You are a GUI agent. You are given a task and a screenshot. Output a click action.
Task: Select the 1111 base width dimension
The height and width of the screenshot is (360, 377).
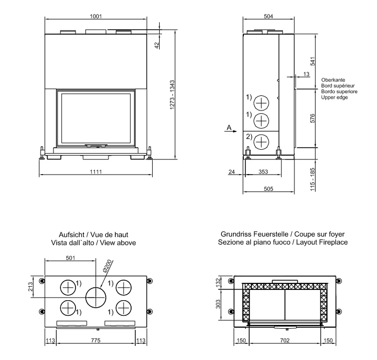pyautogui.click(x=96, y=171)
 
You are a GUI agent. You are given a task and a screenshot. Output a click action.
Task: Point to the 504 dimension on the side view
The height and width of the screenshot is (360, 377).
pyautogui.click(x=268, y=16)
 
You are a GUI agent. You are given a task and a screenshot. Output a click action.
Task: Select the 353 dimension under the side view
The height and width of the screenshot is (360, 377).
pyautogui.click(x=262, y=171)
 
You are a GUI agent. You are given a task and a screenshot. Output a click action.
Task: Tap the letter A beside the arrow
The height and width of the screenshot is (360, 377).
pyautogui.click(x=229, y=127)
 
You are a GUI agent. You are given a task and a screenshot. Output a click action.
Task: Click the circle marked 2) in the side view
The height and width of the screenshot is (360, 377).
pyautogui.click(x=261, y=141)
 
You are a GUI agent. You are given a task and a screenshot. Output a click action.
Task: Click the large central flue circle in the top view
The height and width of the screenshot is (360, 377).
pyautogui.click(x=96, y=296)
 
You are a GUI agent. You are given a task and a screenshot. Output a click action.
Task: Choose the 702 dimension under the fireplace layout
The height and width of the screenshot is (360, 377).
pyautogui.click(x=285, y=341)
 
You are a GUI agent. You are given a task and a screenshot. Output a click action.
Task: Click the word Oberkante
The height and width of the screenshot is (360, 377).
pyautogui.click(x=332, y=80)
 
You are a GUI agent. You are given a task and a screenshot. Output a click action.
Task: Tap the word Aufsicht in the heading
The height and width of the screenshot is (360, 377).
pyautogui.click(x=69, y=235)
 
